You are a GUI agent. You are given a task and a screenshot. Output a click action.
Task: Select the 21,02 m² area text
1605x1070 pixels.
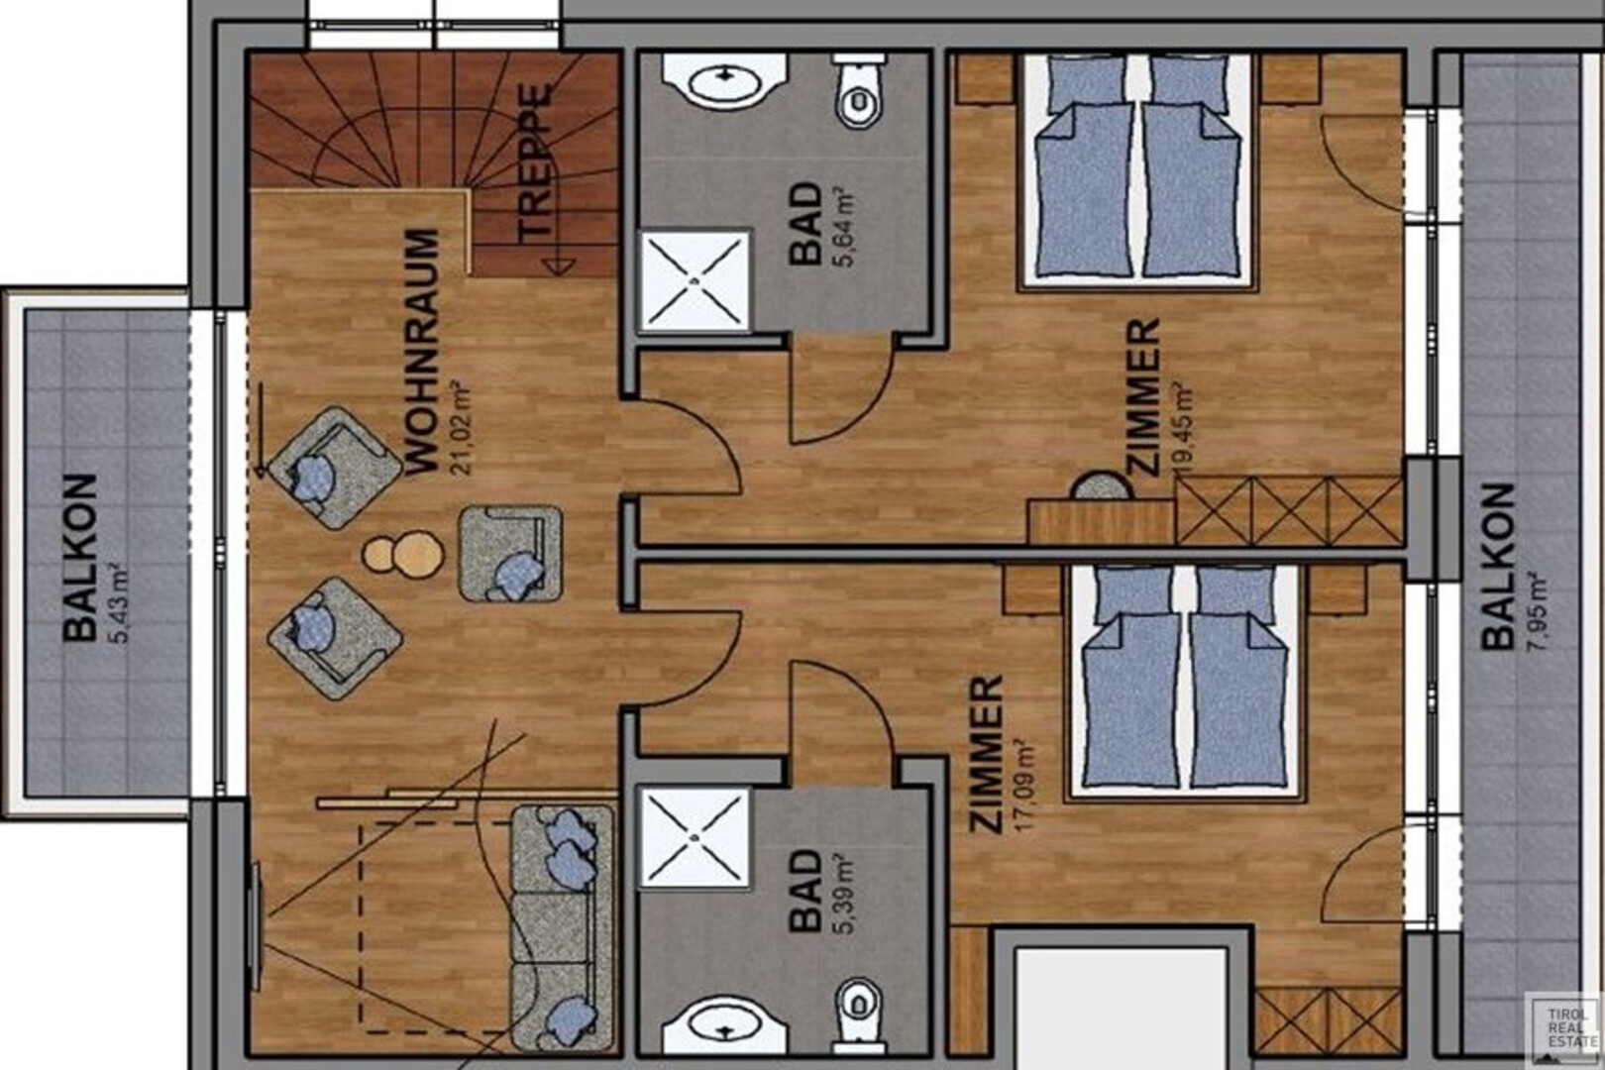tap(461, 429)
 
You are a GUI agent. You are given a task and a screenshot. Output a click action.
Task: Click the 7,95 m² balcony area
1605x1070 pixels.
tap(1538, 610)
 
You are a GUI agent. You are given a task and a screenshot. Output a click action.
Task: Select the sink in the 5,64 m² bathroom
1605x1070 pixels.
tap(725, 80)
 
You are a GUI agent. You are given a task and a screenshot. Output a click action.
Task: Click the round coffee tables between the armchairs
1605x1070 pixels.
tap(402, 553)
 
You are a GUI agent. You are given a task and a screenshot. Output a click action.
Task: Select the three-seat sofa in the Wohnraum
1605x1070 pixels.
tap(564, 928)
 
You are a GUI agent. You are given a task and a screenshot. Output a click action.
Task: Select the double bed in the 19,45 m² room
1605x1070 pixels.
tap(1137, 172)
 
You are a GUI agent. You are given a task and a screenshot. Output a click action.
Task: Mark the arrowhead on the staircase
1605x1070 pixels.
tap(558, 267)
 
